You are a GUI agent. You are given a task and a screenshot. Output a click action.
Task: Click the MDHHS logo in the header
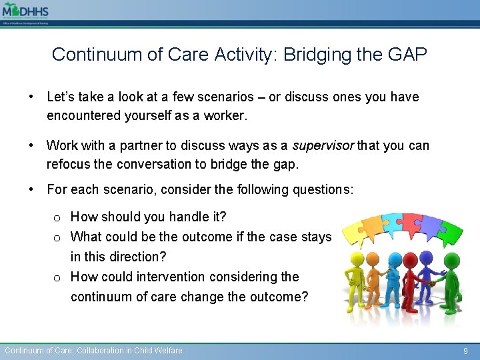point(25,11)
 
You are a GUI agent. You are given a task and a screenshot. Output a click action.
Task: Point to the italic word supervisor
point(323,145)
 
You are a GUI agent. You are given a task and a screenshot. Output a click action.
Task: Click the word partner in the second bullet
point(133,145)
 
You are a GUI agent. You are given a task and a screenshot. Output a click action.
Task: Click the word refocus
point(69,163)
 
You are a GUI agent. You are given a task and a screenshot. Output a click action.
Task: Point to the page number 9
point(466,351)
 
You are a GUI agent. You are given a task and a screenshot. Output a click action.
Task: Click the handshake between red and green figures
point(431,283)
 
